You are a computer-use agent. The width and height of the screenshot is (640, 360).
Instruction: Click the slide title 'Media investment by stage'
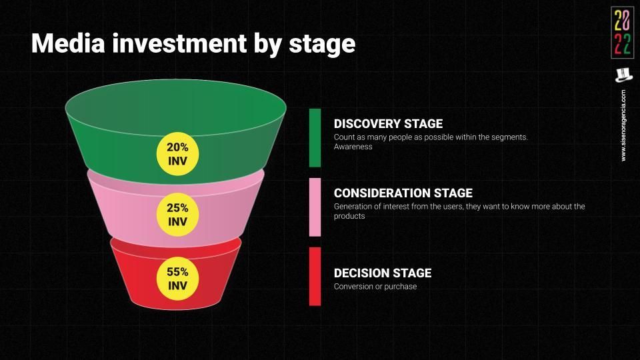pos(193,44)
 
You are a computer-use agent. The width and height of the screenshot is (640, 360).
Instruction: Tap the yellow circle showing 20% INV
pos(177,154)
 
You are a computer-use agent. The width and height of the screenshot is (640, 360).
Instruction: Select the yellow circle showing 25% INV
pos(177,215)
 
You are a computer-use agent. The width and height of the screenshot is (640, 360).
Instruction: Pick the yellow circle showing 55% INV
pos(177,279)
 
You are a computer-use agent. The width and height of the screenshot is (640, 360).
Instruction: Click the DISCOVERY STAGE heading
pos(388,124)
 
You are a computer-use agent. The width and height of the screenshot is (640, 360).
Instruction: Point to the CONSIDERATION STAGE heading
pos(403,193)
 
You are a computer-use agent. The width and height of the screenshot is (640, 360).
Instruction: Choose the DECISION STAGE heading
pos(383,273)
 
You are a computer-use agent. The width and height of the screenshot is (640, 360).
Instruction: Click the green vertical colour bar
pos(315,138)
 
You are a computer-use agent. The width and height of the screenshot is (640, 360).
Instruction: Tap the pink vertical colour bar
pos(315,207)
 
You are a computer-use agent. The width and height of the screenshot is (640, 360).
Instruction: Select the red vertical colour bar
pos(315,276)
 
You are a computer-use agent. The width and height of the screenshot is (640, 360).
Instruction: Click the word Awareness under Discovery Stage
pos(353,147)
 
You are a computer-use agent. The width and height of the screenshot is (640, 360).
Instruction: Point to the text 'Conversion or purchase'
pos(375,287)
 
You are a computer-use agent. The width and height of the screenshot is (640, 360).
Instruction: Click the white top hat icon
pos(623,75)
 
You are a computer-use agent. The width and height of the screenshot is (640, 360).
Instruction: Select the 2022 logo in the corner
pos(623,33)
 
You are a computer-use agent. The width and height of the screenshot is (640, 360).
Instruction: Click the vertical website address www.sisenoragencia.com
pos(623,125)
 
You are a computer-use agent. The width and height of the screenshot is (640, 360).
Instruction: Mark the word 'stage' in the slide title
pos(322,45)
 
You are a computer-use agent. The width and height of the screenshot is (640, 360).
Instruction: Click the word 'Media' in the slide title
pos(68,43)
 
